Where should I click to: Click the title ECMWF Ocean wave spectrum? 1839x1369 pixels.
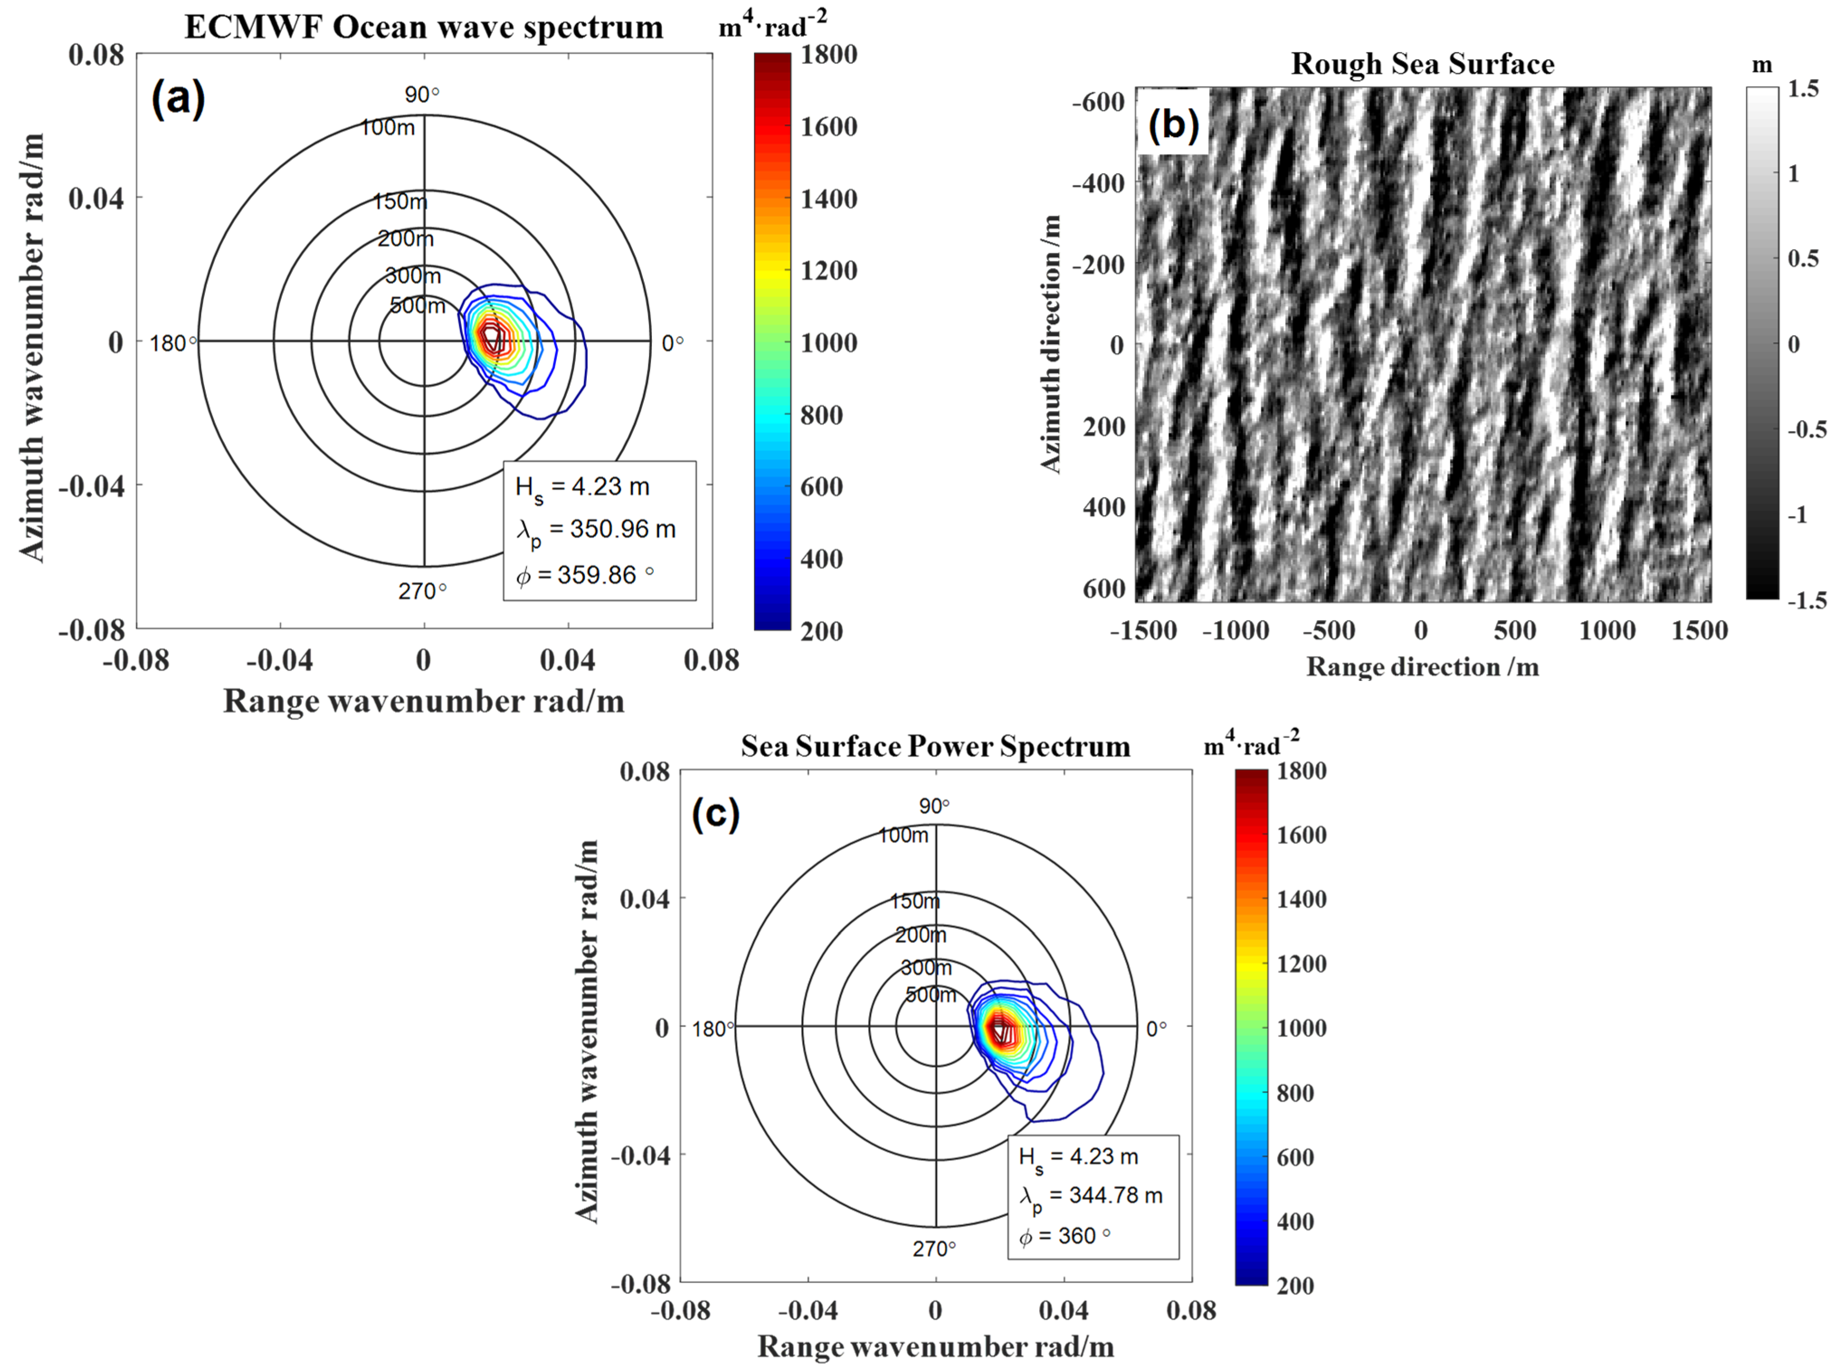click(x=423, y=27)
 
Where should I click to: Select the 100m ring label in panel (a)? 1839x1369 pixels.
click(x=387, y=128)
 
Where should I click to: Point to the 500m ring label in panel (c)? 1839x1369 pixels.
click(x=930, y=995)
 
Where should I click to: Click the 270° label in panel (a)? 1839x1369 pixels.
click(x=422, y=591)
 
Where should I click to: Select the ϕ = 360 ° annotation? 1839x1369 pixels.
click(x=1065, y=1236)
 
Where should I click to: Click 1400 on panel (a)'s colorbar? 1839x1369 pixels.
click(x=828, y=199)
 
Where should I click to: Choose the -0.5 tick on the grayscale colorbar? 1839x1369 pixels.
click(x=1807, y=429)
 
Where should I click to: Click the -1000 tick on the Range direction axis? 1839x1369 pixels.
click(x=1236, y=630)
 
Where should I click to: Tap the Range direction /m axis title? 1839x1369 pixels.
click(x=1422, y=667)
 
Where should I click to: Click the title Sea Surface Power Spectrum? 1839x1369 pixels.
click(x=935, y=747)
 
